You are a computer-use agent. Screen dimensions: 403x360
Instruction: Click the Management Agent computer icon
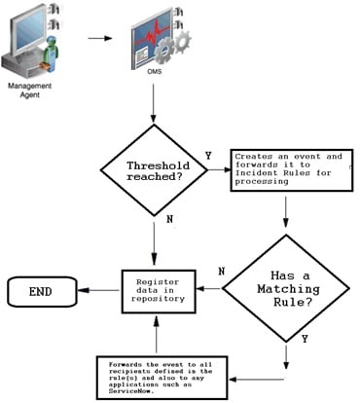34,40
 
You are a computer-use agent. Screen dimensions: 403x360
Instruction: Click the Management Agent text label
28,91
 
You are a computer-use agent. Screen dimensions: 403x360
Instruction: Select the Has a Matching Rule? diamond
286,287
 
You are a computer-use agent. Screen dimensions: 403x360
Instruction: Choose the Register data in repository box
153,288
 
